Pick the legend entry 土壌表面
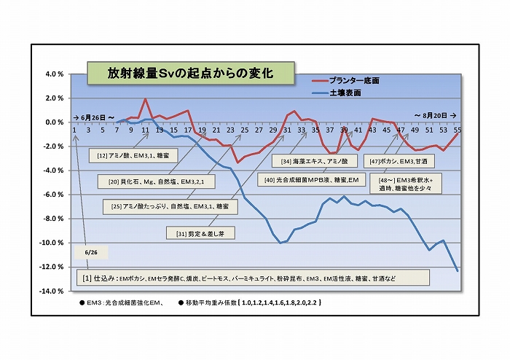(x=346, y=93)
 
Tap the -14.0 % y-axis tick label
(x=55, y=291)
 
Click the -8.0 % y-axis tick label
(x=56, y=219)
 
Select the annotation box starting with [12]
(x=126, y=155)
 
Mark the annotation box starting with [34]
(x=315, y=160)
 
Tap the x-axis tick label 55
(x=458, y=130)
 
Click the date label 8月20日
(x=436, y=116)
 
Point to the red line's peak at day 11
(x=146, y=99)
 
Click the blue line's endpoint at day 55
(x=458, y=271)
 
